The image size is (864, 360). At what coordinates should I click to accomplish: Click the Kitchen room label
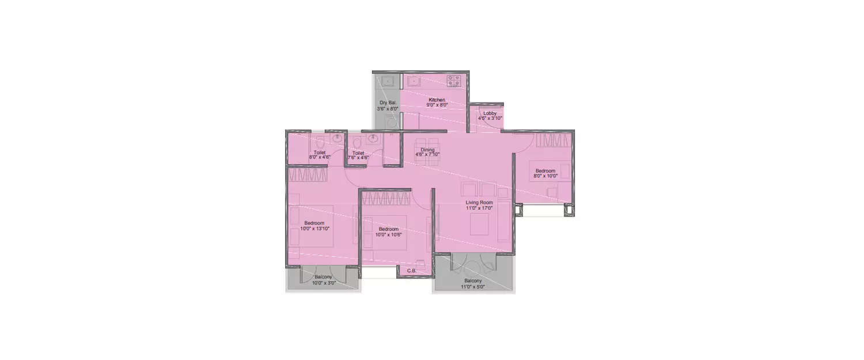[x=437, y=100]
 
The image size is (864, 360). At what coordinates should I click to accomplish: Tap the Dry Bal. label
[x=388, y=103]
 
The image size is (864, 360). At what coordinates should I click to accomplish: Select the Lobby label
[x=490, y=113]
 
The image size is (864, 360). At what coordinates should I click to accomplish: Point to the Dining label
[x=427, y=150]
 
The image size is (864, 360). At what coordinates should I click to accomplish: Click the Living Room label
[x=479, y=203]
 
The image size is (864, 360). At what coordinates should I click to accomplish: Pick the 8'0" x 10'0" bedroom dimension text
[x=545, y=176]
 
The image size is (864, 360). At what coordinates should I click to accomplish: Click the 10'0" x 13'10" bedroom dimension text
[x=314, y=229]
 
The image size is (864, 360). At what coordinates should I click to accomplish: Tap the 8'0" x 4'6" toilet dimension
[x=320, y=157]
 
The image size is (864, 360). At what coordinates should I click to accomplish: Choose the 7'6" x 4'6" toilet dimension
[x=358, y=157]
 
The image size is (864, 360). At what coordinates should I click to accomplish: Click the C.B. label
[x=412, y=271]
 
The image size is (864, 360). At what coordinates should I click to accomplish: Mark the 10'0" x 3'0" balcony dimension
[x=323, y=283]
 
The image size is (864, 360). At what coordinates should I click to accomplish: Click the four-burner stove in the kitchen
[x=454, y=81]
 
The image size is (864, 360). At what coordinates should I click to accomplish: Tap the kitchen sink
[x=412, y=81]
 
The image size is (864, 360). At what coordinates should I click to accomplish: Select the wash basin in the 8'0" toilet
[x=338, y=139]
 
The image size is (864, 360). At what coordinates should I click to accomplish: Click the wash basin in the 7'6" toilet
[x=373, y=138]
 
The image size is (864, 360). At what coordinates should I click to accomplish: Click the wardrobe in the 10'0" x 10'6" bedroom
[x=386, y=198]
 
